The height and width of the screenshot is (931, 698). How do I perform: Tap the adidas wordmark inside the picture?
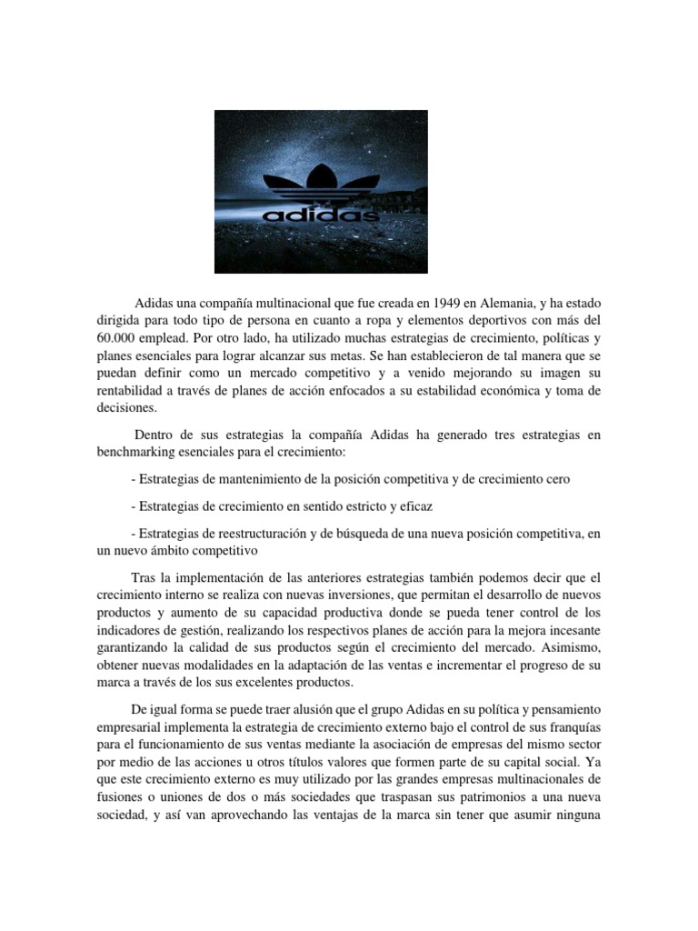[321, 216]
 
